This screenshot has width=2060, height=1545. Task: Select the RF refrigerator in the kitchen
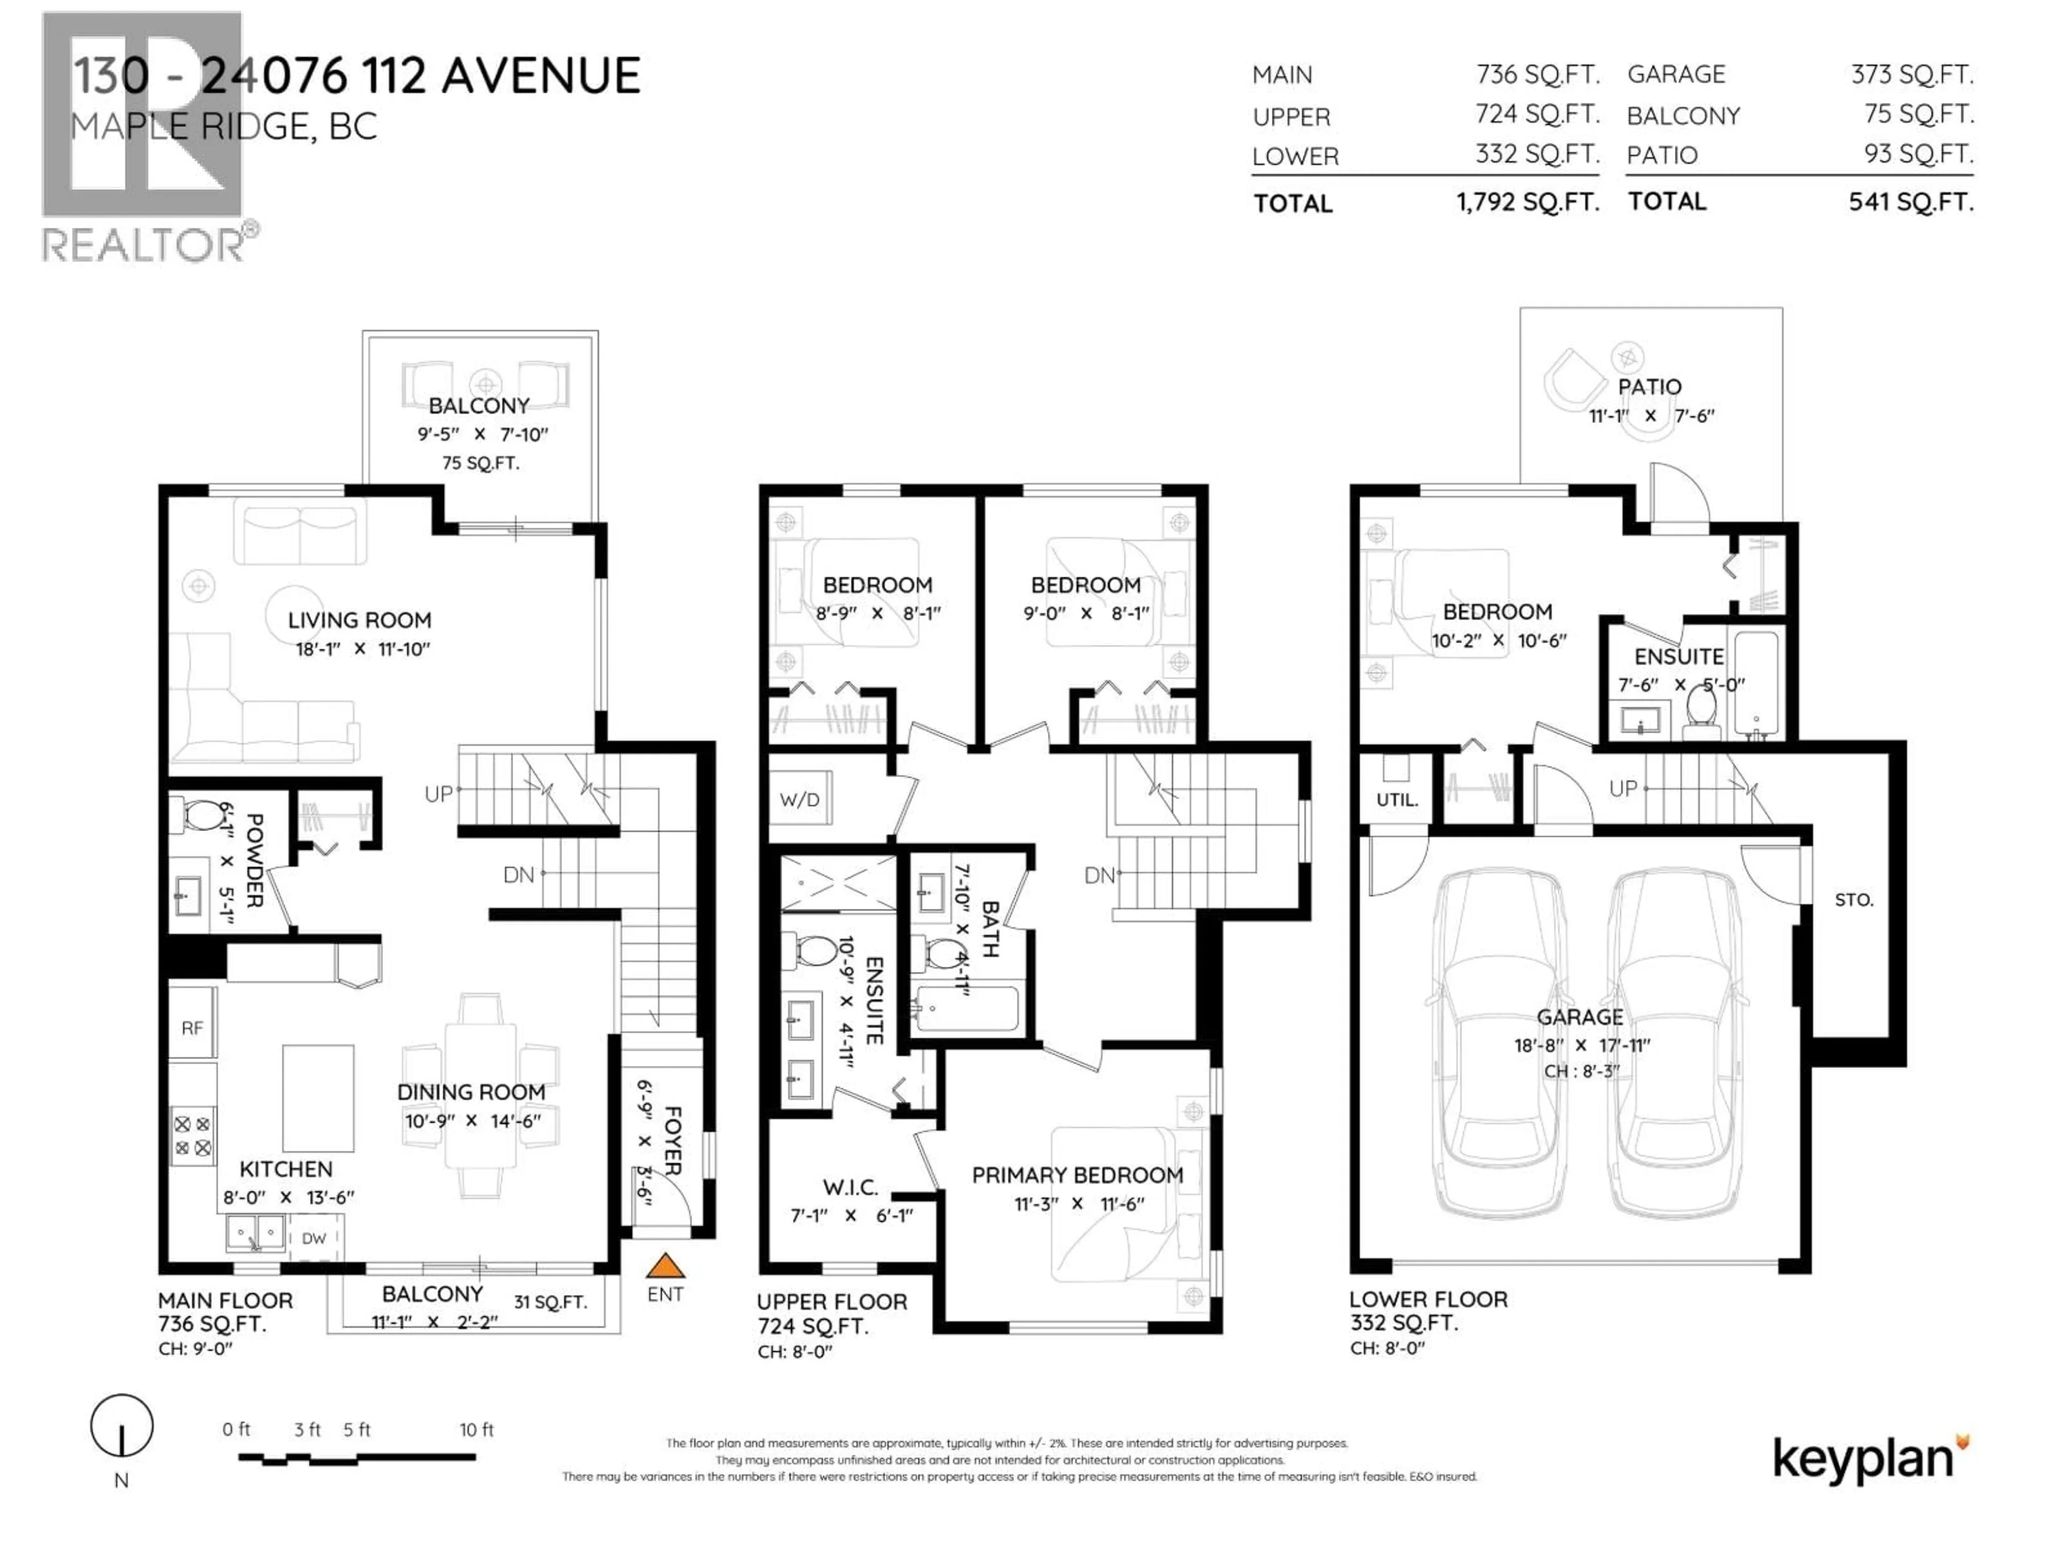click(x=192, y=1028)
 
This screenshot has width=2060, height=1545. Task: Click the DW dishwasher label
click(x=314, y=1238)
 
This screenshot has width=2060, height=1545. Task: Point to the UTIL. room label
click(x=1397, y=799)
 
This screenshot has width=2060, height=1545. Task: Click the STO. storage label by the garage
click(x=1853, y=900)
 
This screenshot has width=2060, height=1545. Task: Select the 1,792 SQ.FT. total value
click(x=1527, y=202)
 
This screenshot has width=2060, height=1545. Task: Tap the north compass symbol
click(x=121, y=1426)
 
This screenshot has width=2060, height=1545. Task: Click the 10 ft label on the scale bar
click(x=476, y=1430)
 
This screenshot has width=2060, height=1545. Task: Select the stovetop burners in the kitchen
click(x=193, y=1136)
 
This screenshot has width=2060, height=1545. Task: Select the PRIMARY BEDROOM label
click(x=1077, y=1175)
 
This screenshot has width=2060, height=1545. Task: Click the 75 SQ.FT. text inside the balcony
click(x=480, y=463)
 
